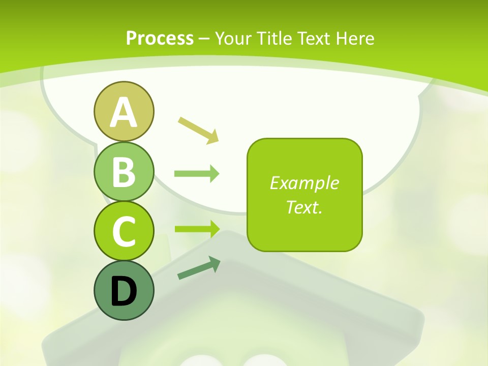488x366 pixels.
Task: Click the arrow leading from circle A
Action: click(x=198, y=129)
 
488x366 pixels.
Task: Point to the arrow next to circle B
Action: click(x=197, y=174)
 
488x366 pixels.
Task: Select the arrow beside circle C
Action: click(x=197, y=229)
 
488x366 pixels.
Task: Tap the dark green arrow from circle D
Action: click(x=199, y=268)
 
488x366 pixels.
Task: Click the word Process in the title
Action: click(x=160, y=38)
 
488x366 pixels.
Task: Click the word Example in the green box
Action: click(x=304, y=183)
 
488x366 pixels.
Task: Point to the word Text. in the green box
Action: click(x=304, y=207)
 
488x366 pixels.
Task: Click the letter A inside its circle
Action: click(x=124, y=112)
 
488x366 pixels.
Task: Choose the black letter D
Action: click(x=124, y=291)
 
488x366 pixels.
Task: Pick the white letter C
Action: click(x=124, y=231)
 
